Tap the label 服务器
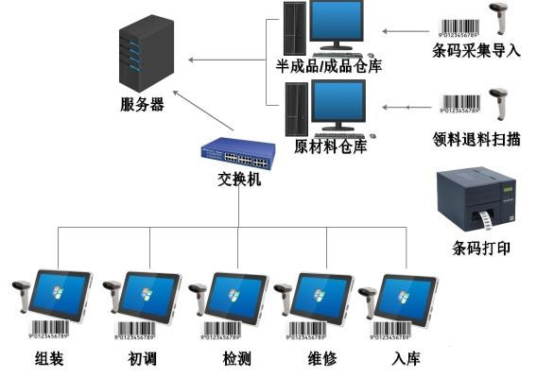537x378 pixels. (x=143, y=105)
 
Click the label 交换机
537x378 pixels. (x=234, y=177)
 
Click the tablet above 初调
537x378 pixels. (x=149, y=298)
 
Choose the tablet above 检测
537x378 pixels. (x=236, y=298)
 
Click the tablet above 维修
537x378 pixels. (x=323, y=298)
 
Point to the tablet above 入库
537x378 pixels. (x=407, y=298)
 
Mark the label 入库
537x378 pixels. (x=405, y=359)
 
